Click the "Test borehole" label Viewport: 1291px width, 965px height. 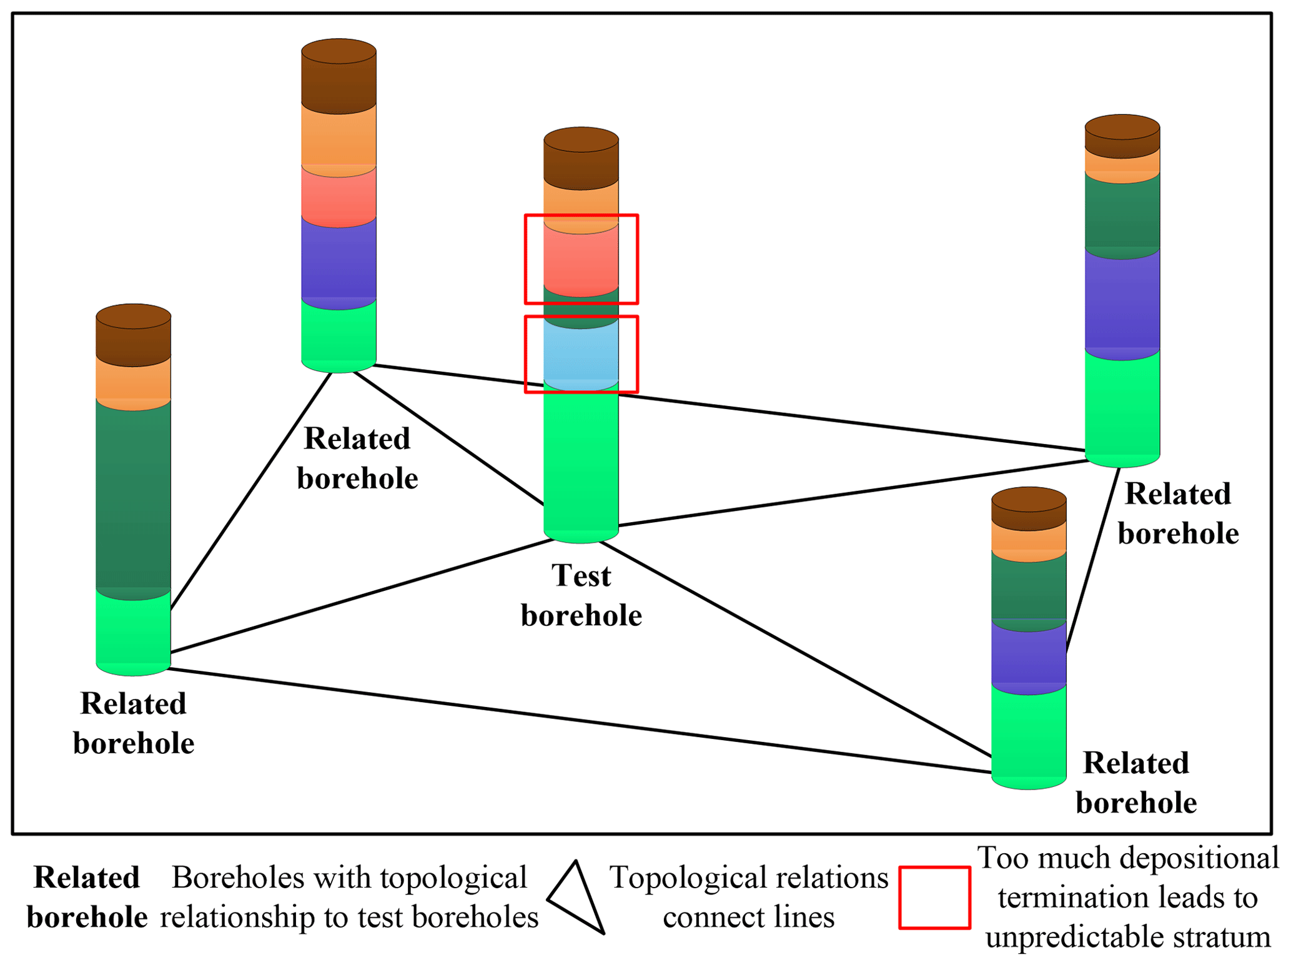[581, 595]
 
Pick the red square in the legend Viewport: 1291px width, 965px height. [934, 897]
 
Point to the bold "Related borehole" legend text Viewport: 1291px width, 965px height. [87, 897]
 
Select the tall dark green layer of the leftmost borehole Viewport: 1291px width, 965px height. [133, 493]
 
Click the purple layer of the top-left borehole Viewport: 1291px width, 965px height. [339, 259]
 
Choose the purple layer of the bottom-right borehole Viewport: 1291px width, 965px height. [1028, 656]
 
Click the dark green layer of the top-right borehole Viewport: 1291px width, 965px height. [1122, 212]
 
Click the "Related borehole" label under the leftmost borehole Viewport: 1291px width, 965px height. [134, 723]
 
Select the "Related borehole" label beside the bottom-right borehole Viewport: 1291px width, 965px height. [1135, 783]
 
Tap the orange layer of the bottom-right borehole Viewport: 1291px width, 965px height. [1028, 538]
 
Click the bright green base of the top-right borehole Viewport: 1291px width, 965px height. [1122, 406]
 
